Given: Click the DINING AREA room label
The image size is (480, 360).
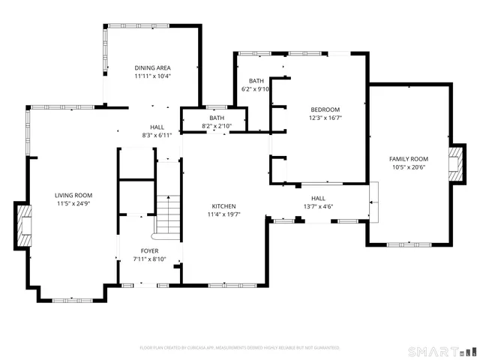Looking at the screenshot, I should pyautogui.click(x=153, y=67).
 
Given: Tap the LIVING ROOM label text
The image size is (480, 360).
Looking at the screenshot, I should pyautogui.click(x=73, y=195).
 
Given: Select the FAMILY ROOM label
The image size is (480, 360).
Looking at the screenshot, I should pyautogui.click(x=408, y=159).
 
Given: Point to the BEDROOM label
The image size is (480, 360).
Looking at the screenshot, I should pyautogui.click(x=325, y=109).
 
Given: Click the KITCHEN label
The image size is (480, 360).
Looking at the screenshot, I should pyautogui.click(x=223, y=206).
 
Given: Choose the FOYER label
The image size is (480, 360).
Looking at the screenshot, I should pyautogui.click(x=149, y=251).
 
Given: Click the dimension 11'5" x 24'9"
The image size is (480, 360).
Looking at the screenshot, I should pyautogui.click(x=73, y=203).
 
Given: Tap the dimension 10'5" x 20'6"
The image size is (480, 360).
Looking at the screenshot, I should pyautogui.click(x=408, y=167).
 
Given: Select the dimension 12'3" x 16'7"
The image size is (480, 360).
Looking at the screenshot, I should pyautogui.click(x=325, y=118).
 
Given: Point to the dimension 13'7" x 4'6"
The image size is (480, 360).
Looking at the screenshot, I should pyautogui.click(x=318, y=207).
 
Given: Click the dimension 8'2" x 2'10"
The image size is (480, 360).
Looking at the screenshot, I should pyautogui.click(x=217, y=126).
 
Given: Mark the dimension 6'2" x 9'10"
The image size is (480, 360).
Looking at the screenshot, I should pyautogui.click(x=256, y=88).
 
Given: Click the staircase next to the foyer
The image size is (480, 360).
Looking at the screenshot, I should pyautogui.click(x=169, y=214).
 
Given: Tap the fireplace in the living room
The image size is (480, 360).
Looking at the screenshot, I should pyautogui.click(x=25, y=223).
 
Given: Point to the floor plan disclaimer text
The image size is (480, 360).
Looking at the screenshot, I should pyautogui.click(x=240, y=348).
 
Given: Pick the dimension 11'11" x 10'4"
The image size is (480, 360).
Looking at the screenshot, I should pyautogui.click(x=153, y=76).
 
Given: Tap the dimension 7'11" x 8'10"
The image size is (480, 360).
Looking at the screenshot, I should pyautogui.click(x=149, y=259).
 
